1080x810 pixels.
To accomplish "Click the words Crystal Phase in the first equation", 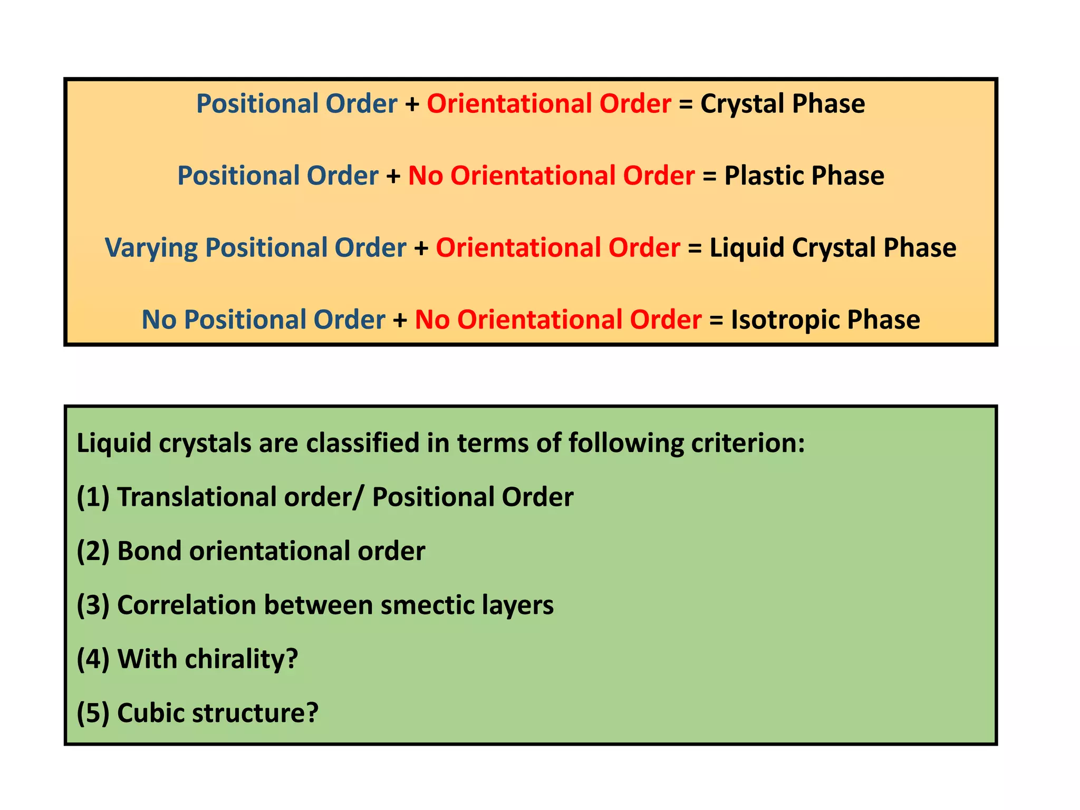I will pos(783,104).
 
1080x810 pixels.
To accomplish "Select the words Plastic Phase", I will pos(804,176).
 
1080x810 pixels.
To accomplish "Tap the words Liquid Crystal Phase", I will pos(833,248).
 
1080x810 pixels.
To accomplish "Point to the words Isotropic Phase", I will pos(825,320).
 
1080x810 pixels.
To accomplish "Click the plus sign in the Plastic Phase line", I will pos(393,176).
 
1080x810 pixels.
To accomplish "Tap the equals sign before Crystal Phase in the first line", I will pos(686,104).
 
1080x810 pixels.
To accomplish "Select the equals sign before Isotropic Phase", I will pos(716,320).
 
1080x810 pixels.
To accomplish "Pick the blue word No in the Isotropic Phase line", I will pos(159,320).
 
